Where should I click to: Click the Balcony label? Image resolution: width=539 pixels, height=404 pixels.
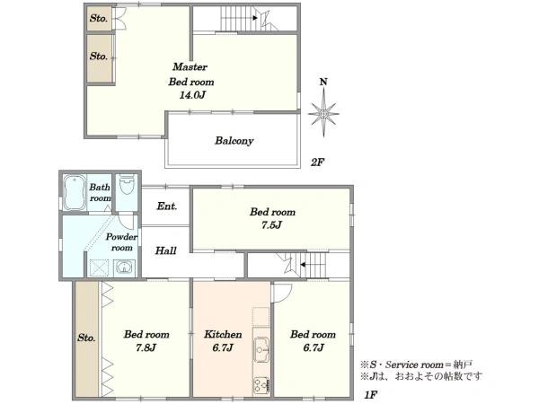coord(234,141)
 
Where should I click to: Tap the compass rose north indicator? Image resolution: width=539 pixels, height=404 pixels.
coord(323,82)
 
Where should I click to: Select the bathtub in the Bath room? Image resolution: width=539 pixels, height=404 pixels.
coord(75,192)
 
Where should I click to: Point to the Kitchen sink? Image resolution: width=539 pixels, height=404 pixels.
coord(261,349)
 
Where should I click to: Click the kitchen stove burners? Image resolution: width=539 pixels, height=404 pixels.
coord(261,385)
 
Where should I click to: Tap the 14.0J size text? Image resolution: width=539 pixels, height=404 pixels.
coord(192,95)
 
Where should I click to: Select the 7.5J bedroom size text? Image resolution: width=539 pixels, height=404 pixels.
coord(271,225)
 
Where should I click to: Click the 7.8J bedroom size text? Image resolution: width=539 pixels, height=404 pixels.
coord(146,347)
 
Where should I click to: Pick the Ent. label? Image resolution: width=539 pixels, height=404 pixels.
coord(167,206)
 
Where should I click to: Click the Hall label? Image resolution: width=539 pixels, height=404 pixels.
coord(165,250)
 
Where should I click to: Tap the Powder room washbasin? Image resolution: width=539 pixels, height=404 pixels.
coord(125,268)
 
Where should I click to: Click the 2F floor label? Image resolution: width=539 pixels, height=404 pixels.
coord(318,162)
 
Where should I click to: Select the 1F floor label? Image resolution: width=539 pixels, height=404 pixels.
coord(371,395)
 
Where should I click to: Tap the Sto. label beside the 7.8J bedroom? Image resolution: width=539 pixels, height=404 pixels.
coord(86,338)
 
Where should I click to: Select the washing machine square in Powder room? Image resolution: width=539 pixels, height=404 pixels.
coord(99,268)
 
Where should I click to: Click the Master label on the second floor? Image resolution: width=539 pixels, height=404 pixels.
coord(190,66)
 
